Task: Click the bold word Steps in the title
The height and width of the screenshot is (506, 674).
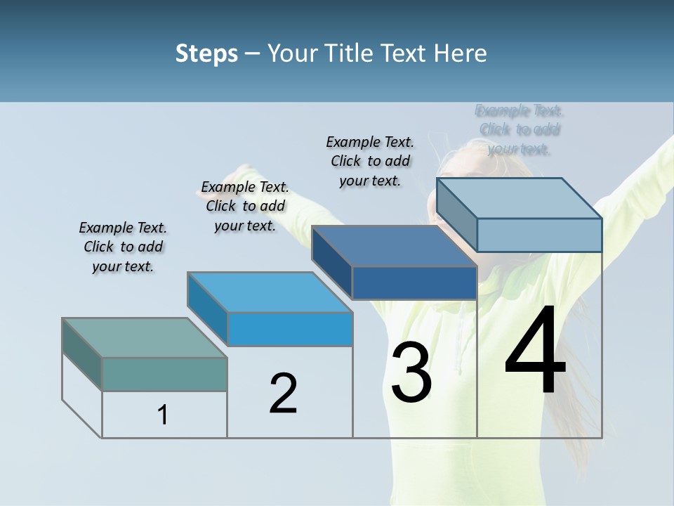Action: pyautogui.click(x=206, y=53)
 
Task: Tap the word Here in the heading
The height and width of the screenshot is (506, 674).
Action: pyautogui.click(x=461, y=53)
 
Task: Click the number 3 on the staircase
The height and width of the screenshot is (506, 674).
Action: pyautogui.click(x=411, y=372)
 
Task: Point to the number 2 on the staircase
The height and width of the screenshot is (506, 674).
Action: pyautogui.click(x=283, y=394)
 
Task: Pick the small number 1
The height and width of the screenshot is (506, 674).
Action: pyautogui.click(x=163, y=415)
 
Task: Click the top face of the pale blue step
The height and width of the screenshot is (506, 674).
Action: pyautogui.click(x=519, y=197)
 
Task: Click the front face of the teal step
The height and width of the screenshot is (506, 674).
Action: pyautogui.click(x=164, y=374)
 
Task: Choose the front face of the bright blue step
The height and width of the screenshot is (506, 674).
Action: pyautogui.click(x=289, y=329)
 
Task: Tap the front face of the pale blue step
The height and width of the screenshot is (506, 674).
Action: pyautogui.click(x=539, y=235)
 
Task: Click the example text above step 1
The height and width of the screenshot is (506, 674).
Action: pyautogui.click(x=123, y=247)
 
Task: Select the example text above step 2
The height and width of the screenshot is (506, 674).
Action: pyautogui.click(x=245, y=206)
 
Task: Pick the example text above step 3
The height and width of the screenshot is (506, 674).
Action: pyautogui.click(x=370, y=161)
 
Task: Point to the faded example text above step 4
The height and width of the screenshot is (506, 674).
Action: pyautogui.click(x=520, y=129)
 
